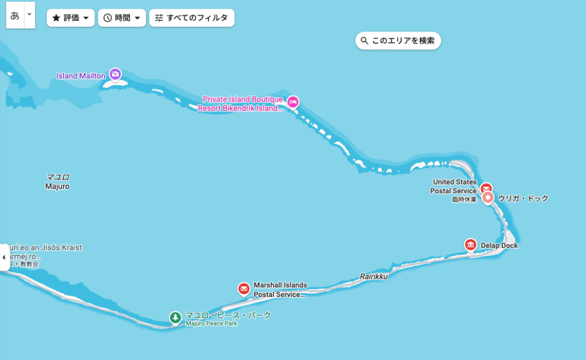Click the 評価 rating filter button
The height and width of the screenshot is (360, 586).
(70, 18)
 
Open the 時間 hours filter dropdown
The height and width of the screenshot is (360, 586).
(121, 18)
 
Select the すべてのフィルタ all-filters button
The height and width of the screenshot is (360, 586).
(192, 18)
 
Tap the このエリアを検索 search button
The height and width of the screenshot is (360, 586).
(398, 41)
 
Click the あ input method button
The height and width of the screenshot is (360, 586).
(15, 16)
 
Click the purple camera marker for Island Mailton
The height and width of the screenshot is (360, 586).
(116, 74)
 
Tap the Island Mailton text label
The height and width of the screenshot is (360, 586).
(81, 76)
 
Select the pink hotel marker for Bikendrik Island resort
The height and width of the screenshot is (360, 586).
(293, 102)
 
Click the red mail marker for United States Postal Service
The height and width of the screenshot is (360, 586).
(486, 188)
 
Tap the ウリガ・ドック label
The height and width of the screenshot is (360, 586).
(523, 199)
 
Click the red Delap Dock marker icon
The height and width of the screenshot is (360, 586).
(470, 245)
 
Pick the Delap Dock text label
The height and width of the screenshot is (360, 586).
(498, 246)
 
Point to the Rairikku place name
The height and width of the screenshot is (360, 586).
(374, 276)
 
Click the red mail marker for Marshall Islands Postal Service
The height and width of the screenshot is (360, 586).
(244, 288)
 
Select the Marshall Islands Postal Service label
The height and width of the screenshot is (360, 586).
(280, 290)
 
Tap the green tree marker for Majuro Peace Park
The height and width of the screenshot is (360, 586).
(175, 317)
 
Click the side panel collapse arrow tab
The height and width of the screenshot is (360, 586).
(4, 258)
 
